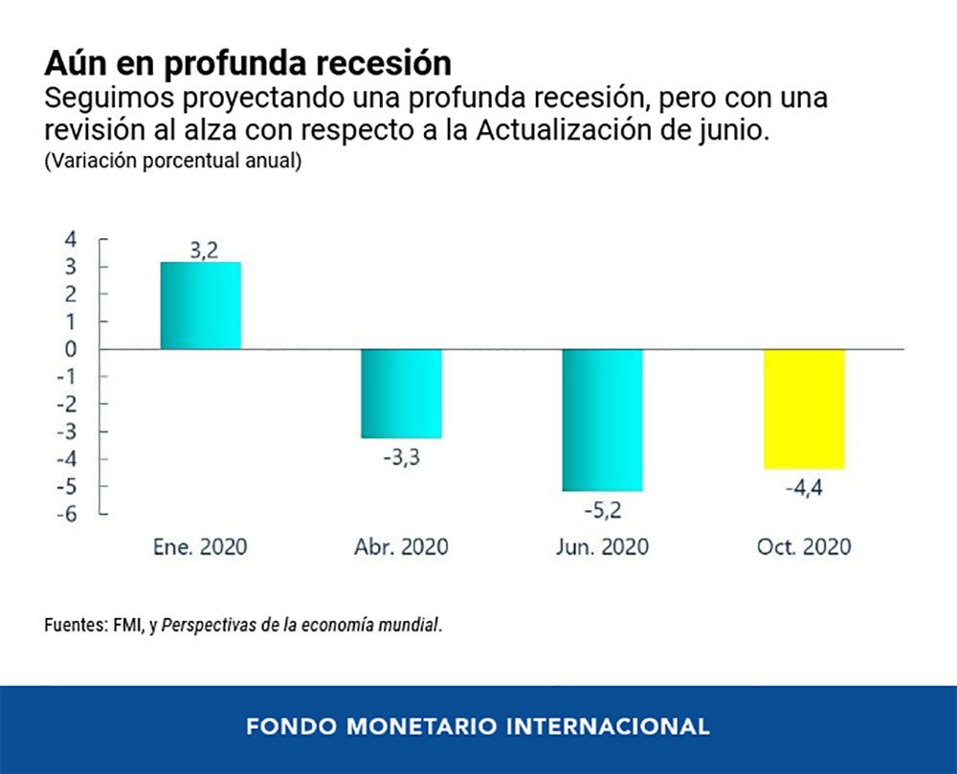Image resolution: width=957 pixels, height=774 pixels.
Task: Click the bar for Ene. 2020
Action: coord(200,305)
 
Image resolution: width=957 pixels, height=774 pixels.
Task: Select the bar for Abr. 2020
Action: coord(401,393)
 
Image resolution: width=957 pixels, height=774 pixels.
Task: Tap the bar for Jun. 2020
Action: coord(602,420)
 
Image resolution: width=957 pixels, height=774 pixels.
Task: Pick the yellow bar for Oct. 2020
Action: coord(804,409)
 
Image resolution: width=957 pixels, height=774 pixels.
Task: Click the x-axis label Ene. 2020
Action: coord(200,547)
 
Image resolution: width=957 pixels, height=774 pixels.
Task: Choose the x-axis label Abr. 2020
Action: coord(401,547)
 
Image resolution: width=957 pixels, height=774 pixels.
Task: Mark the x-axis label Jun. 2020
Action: coord(602,547)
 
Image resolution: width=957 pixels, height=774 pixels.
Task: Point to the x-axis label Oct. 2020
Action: coord(804,547)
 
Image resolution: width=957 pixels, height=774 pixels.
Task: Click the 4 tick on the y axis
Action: coord(71,239)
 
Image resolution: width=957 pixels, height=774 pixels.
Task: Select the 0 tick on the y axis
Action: coord(71,349)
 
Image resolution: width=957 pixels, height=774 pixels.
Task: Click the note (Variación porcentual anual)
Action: coord(172,161)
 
